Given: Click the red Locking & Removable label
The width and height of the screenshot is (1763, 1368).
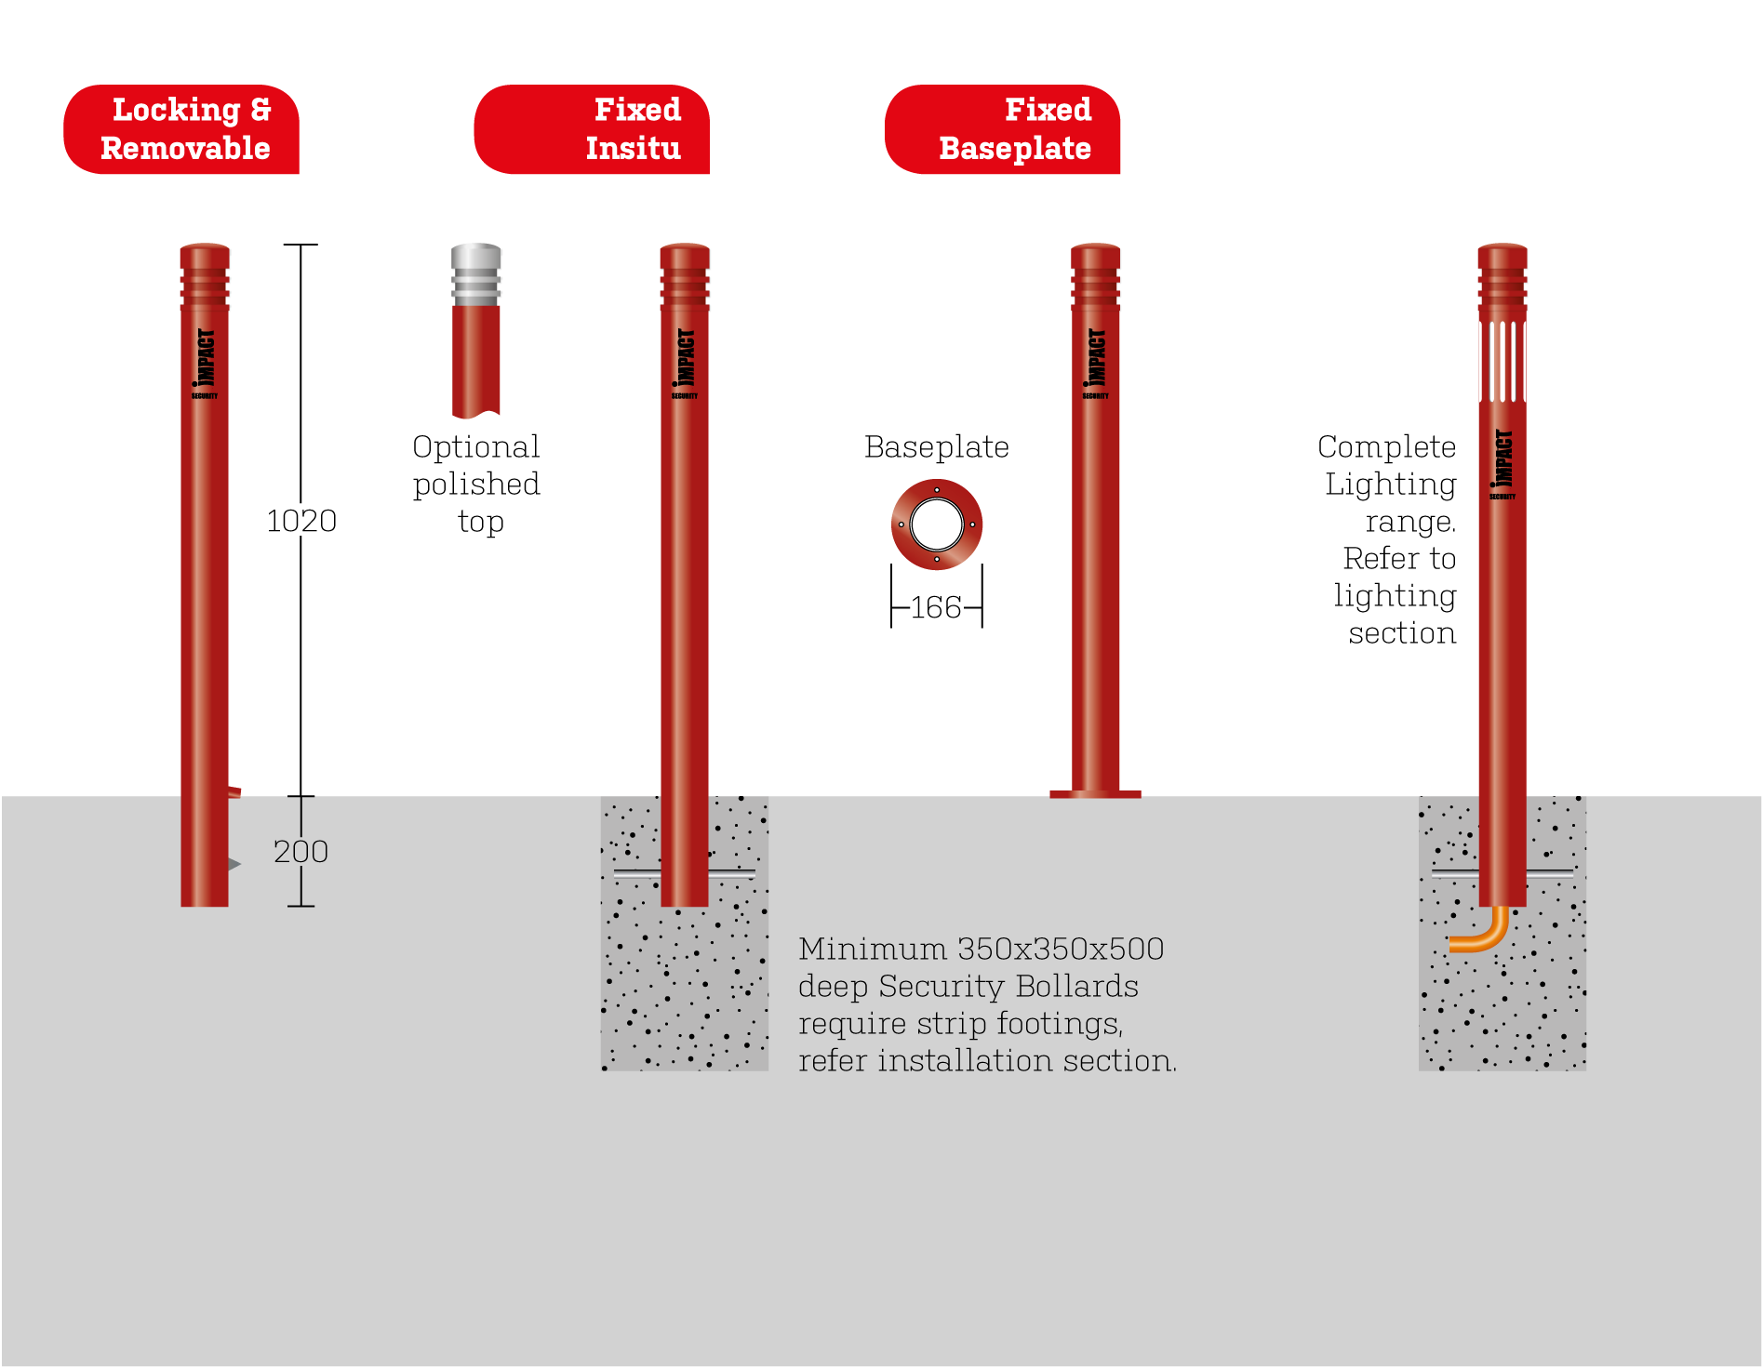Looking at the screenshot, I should click(x=181, y=129).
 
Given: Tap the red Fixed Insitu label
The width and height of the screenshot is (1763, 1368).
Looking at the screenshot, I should click(x=593, y=129).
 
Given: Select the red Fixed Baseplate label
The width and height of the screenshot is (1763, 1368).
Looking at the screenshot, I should click(x=1003, y=129).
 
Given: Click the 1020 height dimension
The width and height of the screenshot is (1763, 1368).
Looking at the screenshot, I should click(x=301, y=521).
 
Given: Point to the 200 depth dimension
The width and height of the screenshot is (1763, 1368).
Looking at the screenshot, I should click(x=301, y=852).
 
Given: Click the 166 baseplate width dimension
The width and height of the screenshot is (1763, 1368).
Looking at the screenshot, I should click(x=936, y=607).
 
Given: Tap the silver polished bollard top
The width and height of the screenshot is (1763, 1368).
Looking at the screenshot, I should click(x=476, y=275).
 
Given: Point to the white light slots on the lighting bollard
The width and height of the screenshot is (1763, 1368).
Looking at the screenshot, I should click(x=1503, y=361).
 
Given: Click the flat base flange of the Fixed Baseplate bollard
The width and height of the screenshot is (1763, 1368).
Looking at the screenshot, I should click(x=1095, y=794).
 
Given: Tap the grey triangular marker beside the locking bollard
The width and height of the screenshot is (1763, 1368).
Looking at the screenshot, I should click(x=234, y=864).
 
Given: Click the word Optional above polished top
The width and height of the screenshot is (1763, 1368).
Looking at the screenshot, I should click(x=475, y=447).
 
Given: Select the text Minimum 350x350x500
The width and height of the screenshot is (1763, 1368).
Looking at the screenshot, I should click(x=981, y=950).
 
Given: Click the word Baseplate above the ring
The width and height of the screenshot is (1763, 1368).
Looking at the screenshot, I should click(x=936, y=447).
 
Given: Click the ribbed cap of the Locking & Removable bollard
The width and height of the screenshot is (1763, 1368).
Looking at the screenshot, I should click(x=205, y=275).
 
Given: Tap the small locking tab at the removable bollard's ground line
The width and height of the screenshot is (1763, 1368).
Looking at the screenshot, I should click(x=234, y=792).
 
